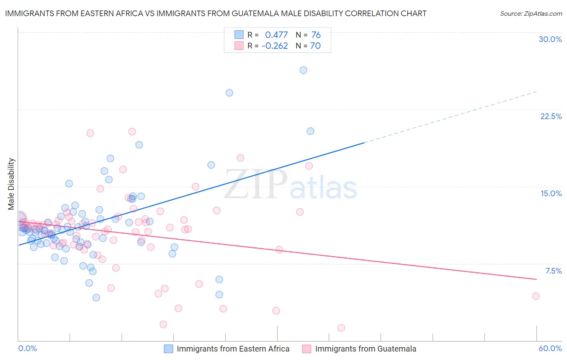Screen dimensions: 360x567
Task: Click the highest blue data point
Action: coord(303,70)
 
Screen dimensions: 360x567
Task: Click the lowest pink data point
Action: coord(341,328)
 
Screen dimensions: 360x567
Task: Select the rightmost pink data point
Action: coord(536,296)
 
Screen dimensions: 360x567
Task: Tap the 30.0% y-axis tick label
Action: coord(550,39)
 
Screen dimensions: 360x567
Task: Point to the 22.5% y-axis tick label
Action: coord(551,116)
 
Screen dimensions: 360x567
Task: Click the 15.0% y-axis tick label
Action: coord(551,193)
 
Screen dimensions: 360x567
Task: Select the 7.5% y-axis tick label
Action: coord(553,271)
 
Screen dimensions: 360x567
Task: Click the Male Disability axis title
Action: coord(11,184)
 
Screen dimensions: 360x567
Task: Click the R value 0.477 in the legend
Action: coord(276,35)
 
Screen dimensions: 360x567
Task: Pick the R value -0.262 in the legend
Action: coord(275,46)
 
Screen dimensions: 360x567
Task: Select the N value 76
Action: coord(316,35)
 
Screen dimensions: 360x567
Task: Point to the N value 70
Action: coord(315,46)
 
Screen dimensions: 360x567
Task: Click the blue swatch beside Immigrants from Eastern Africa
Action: coord(169,349)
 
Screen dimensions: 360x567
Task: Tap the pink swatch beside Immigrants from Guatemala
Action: coord(307,349)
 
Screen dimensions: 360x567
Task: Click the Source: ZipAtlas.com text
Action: coord(531,14)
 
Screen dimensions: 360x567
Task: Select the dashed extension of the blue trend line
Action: coord(452,117)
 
